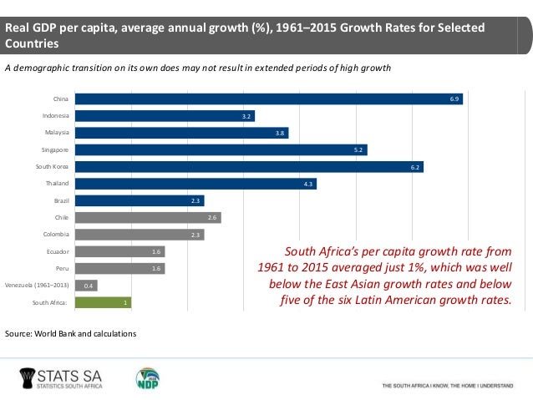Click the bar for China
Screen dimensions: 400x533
click(x=267, y=99)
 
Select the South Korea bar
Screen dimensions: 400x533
click(x=248, y=166)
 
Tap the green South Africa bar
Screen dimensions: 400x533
click(x=103, y=302)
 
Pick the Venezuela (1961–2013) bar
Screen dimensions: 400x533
click(x=85, y=286)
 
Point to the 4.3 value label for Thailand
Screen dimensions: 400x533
click(x=308, y=184)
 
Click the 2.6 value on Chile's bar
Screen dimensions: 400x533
click(x=213, y=217)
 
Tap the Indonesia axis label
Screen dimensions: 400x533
click(x=56, y=115)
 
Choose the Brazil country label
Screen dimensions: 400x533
click(x=61, y=200)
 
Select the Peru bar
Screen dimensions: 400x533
click(x=119, y=268)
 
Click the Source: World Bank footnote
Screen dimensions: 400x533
click(x=70, y=334)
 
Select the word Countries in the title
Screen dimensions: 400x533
click(x=30, y=43)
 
